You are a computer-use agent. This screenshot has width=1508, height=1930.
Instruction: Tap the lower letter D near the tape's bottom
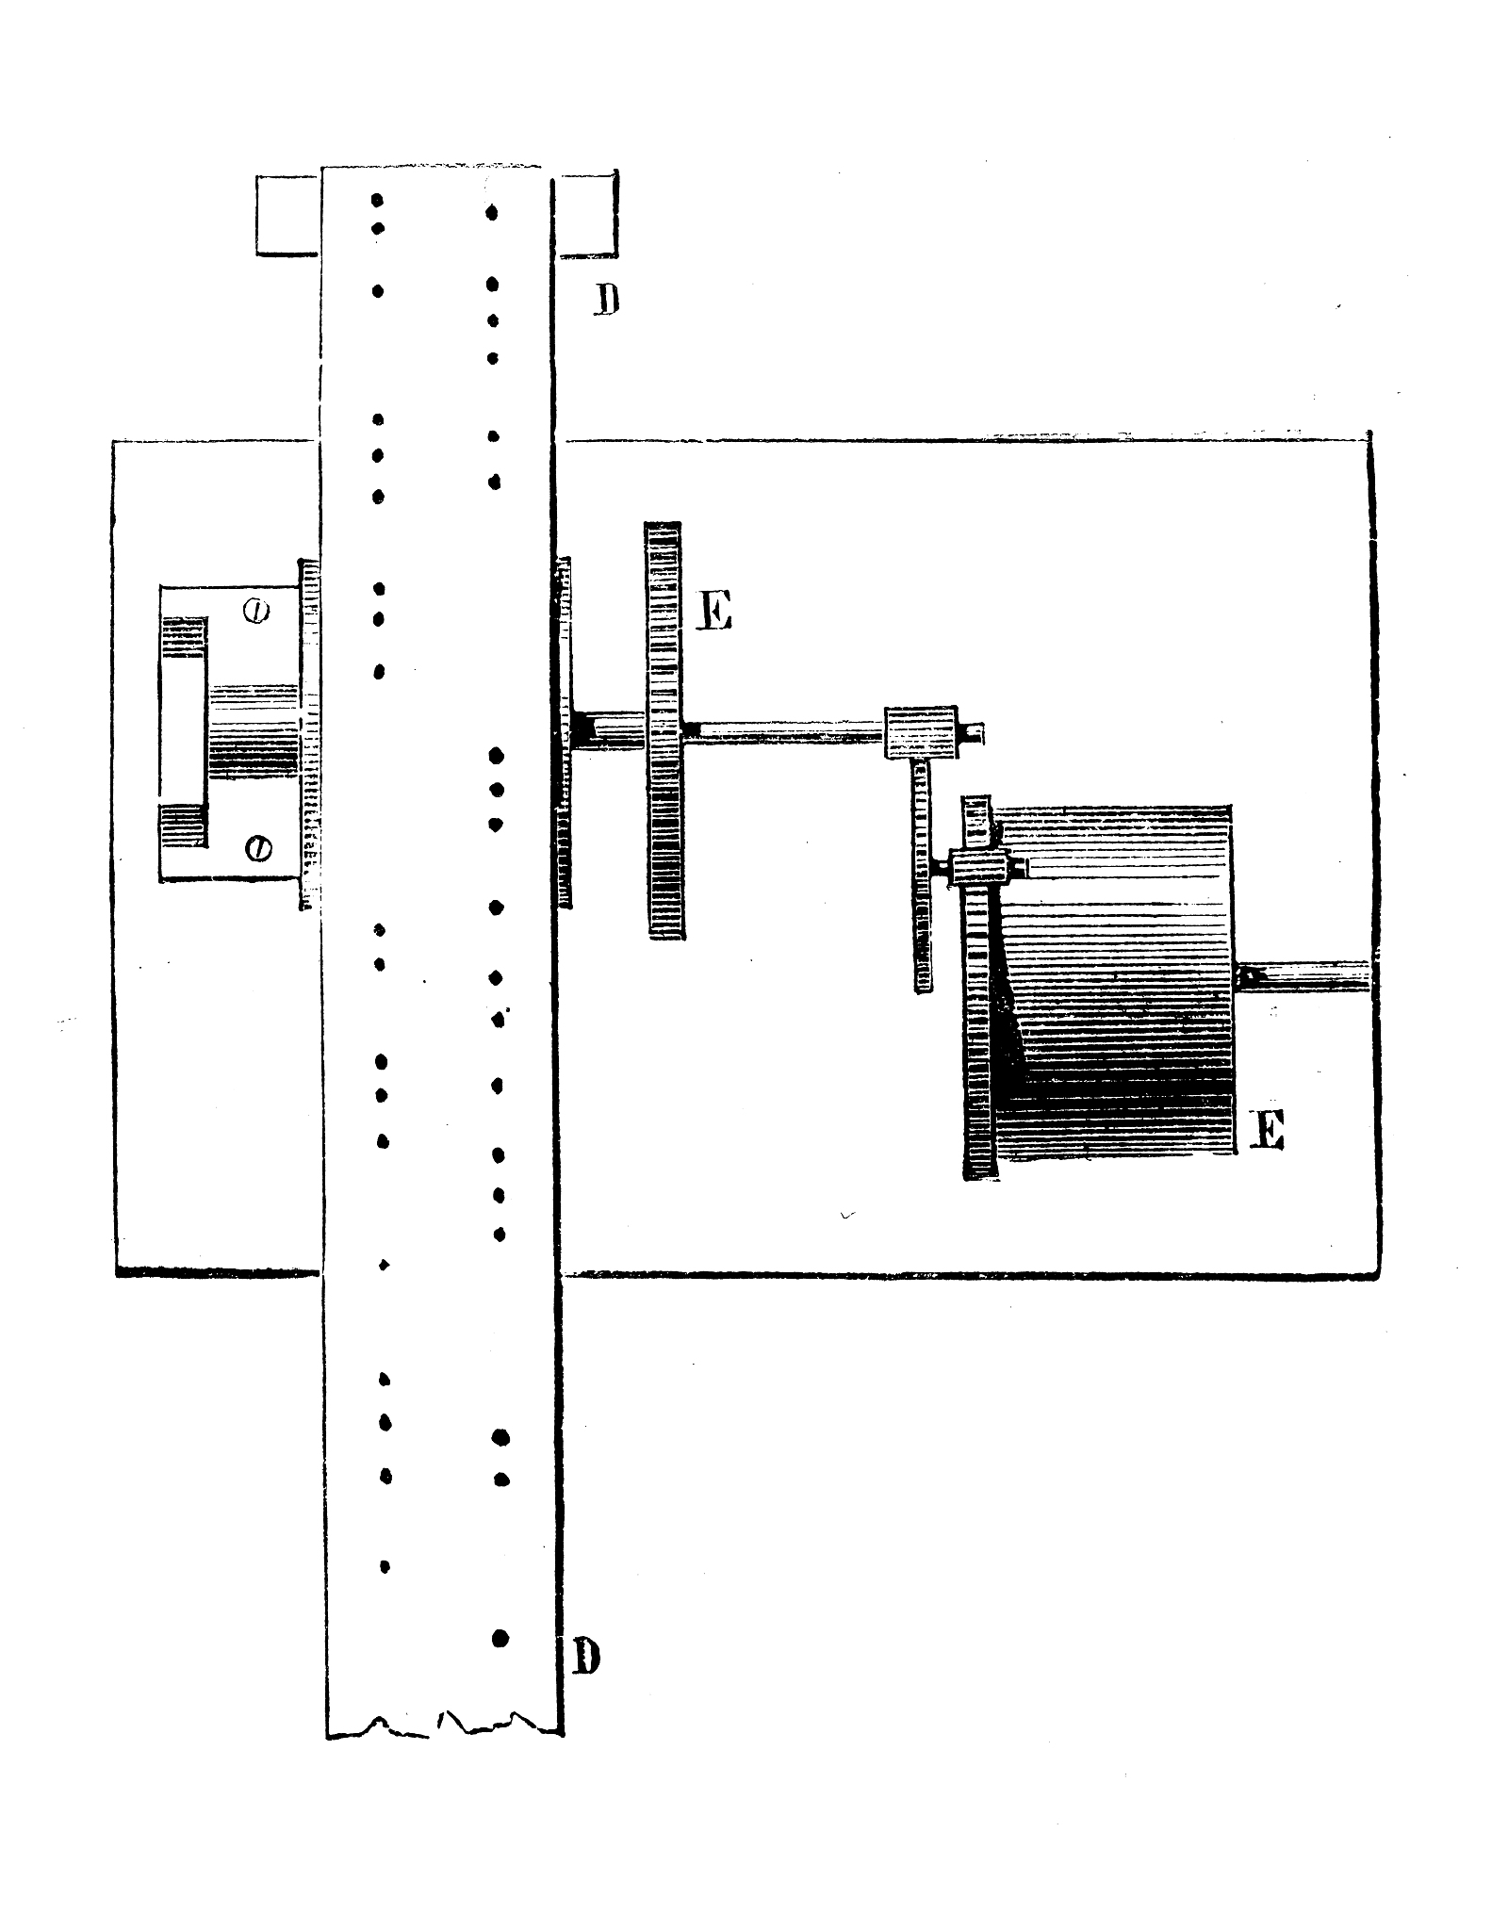click(586, 1656)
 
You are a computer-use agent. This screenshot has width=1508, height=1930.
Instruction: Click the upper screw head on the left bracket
click(256, 613)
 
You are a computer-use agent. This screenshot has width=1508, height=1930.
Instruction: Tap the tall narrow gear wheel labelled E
click(664, 730)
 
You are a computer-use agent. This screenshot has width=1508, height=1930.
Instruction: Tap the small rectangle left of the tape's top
click(288, 215)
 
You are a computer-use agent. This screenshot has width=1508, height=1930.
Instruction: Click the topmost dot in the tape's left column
click(377, 200)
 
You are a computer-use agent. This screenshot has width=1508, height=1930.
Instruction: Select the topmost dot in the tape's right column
click(491, 213)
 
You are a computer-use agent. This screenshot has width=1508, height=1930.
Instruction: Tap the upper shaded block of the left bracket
click(185, 637)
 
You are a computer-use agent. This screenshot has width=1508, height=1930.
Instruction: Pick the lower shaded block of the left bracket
click(183, 826)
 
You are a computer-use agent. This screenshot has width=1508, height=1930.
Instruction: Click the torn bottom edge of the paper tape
click(443, 1723)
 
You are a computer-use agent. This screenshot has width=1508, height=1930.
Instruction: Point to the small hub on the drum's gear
click(978, 865)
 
